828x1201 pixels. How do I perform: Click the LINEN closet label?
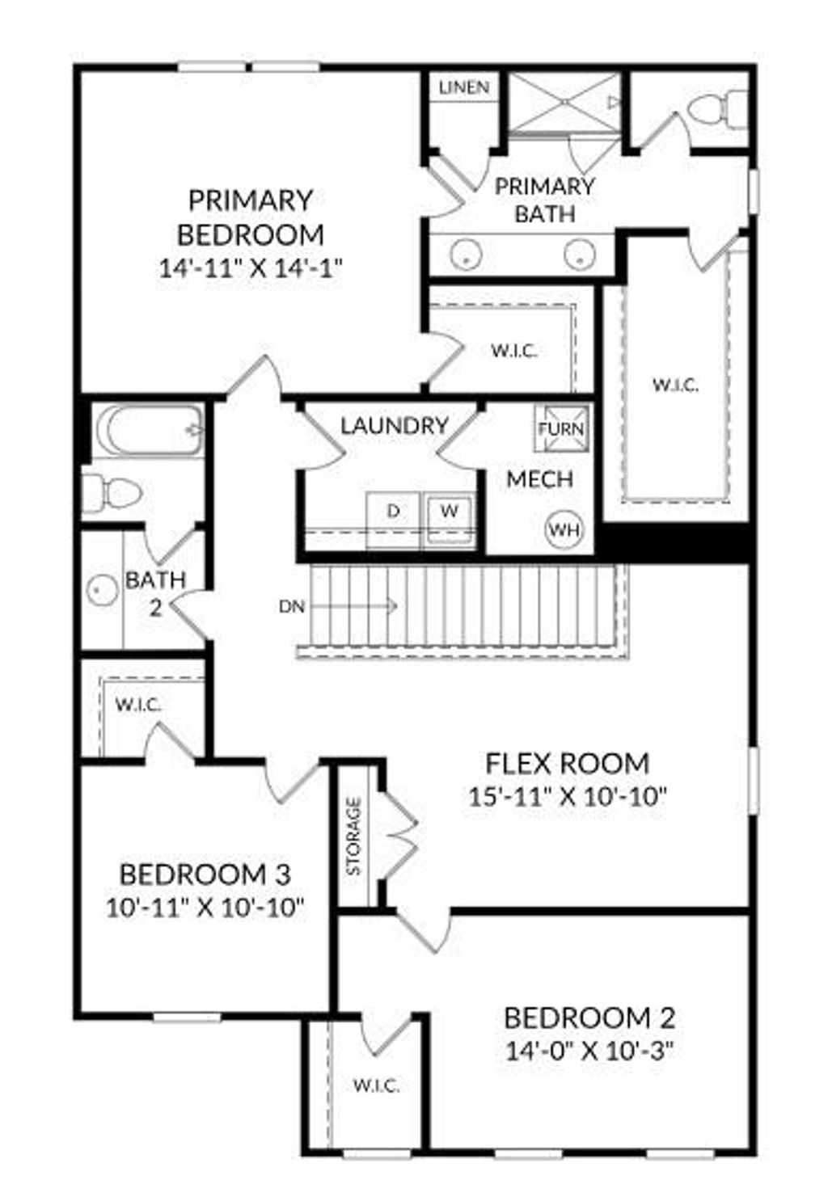463,87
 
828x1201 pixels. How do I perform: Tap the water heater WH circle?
564,530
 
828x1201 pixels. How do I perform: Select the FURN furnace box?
561,428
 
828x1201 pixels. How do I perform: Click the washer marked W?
450,511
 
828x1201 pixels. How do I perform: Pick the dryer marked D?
393,511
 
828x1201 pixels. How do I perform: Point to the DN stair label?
291,605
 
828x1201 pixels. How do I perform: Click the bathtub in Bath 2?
149,430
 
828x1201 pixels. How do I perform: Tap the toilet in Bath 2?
112,492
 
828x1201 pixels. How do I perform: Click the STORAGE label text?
353,836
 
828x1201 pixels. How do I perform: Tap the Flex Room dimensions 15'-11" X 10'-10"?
567,797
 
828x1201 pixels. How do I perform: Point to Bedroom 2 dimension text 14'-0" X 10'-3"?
589,1051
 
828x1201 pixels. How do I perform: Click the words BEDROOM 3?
205,874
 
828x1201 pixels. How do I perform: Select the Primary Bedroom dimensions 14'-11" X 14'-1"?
250,268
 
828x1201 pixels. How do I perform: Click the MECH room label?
539,479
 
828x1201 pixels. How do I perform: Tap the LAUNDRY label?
394,425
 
